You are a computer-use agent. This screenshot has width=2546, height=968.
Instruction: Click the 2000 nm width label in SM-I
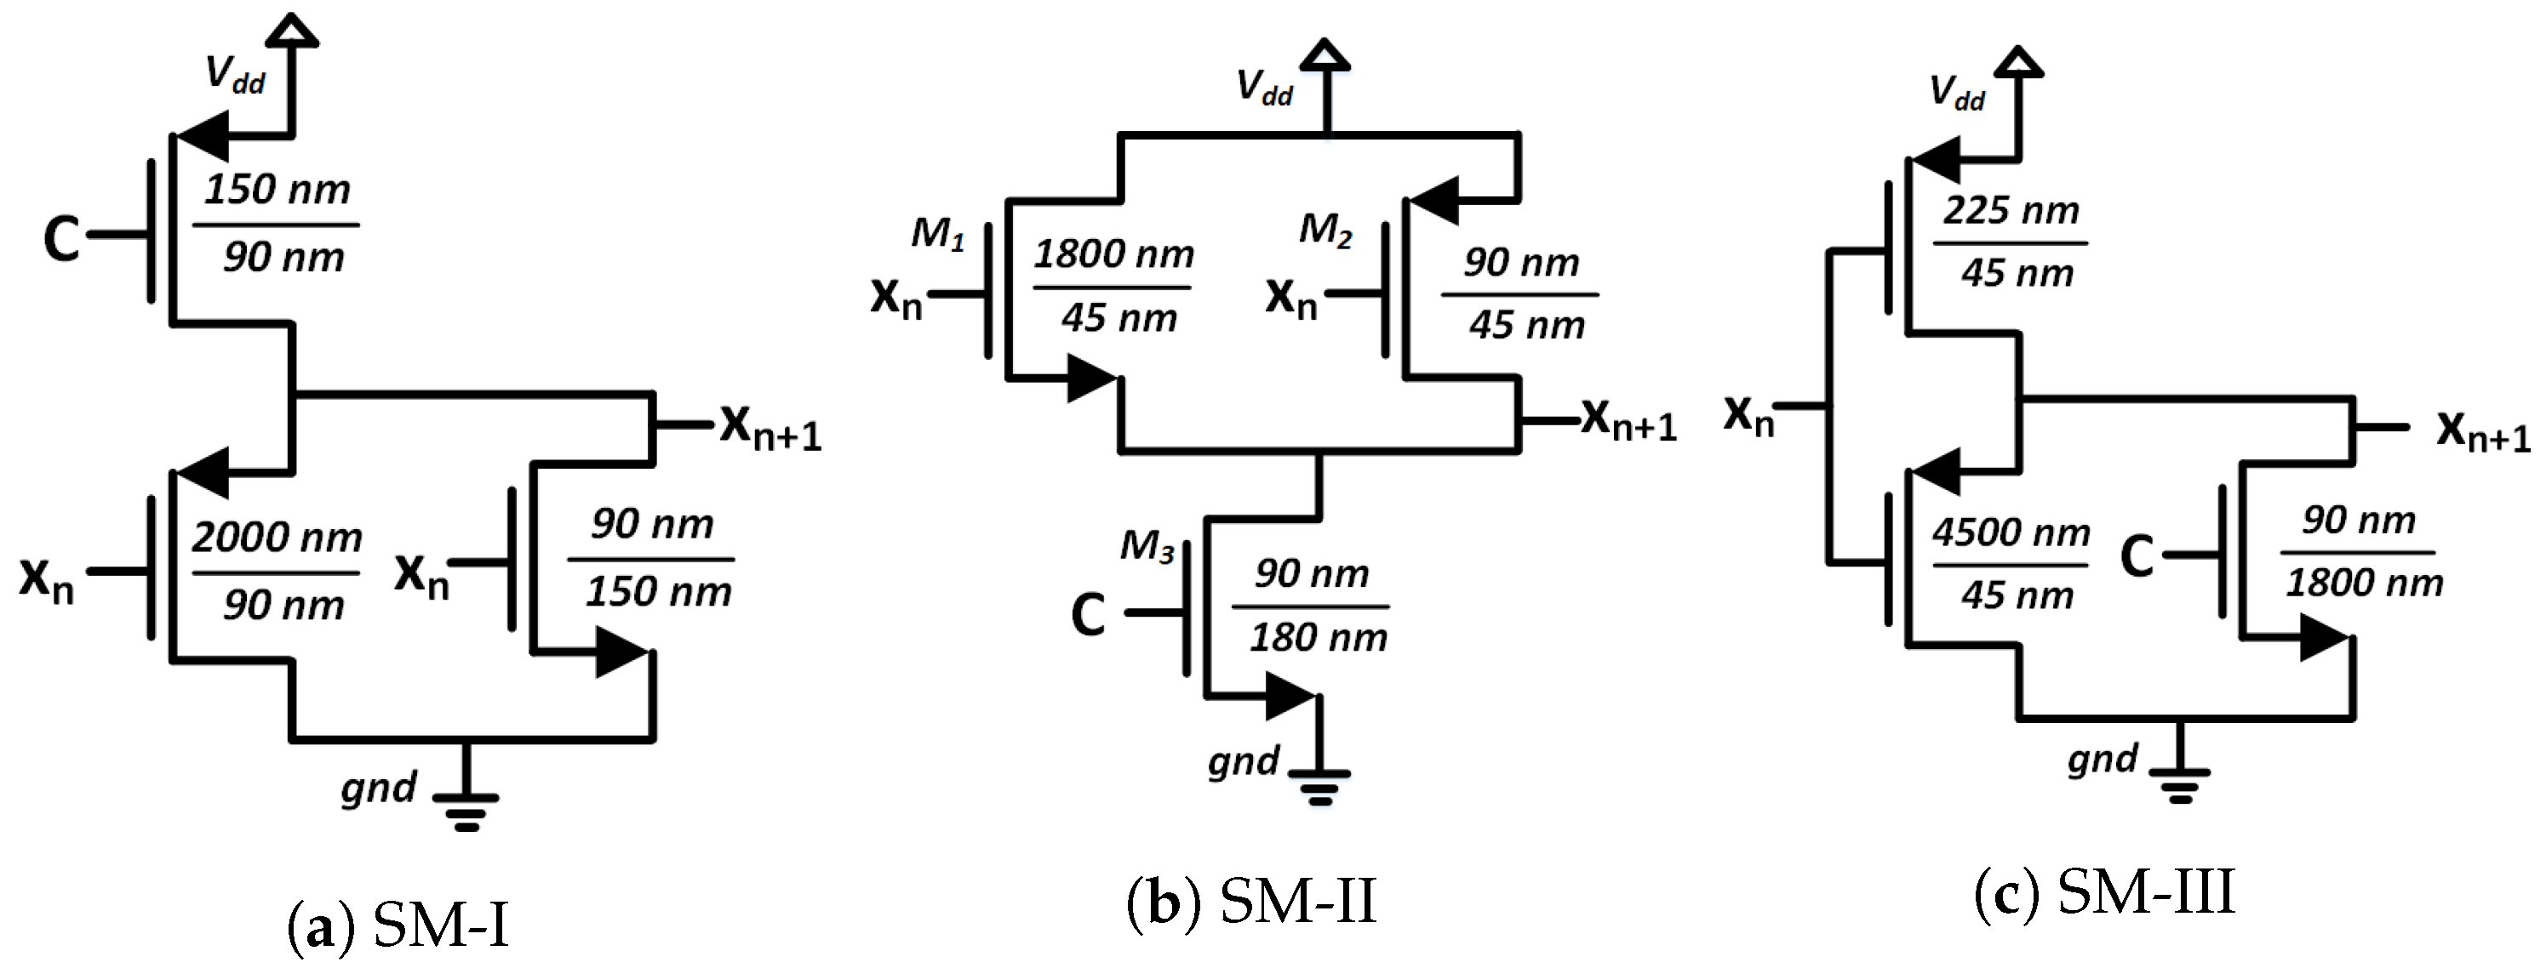[x=277, y=538]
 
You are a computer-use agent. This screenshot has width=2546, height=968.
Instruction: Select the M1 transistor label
[x=936, y=234]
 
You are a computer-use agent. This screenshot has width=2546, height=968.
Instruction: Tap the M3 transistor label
[x=1147, y=546]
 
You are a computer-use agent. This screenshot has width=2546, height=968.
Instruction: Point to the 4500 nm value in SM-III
[x=2011, y=533]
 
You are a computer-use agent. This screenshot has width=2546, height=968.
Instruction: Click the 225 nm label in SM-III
[x=2011, y=210]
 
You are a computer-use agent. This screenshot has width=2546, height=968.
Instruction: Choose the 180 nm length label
[x=1319, y=638]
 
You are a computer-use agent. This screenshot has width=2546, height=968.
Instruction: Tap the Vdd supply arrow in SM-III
[x=2017, y=63]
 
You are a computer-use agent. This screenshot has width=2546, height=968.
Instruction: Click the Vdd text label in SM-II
[x=1264, y=88]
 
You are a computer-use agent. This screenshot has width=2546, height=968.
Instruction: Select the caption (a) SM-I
[x=398, y=926]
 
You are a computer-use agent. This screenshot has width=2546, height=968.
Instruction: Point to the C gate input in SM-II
[x=1088, y=614]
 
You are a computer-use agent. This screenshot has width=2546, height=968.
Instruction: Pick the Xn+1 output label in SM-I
[x=770, y=428]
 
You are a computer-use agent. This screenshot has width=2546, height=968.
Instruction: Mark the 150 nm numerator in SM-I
[x=277, y=190]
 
